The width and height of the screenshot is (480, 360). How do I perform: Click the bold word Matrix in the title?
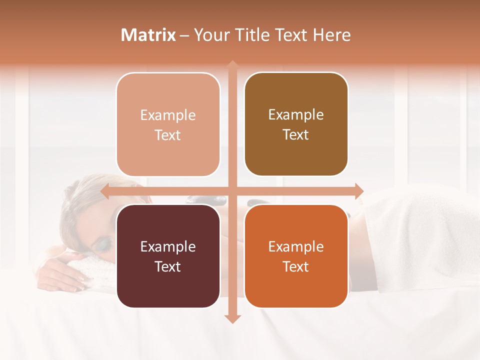148,35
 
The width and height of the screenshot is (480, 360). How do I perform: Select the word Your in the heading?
210,35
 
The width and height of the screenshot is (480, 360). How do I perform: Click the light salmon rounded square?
168,124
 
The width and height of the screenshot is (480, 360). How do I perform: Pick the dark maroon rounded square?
168,256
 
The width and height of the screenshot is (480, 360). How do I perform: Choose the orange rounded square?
296,256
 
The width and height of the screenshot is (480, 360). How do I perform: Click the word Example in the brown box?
296,115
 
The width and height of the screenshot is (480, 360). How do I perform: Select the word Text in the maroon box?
168,266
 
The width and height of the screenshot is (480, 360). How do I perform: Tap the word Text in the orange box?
296,266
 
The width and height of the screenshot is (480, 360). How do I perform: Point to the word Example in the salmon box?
168,115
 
